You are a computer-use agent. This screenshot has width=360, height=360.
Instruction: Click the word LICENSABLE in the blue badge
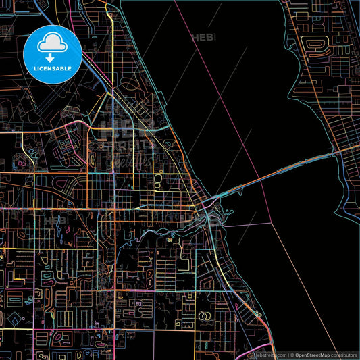click(x=51, y=68)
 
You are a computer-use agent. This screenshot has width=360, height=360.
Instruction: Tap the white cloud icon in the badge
click(x=51, y=44)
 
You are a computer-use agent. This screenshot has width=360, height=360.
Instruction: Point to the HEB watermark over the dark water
click(x=204, y=38)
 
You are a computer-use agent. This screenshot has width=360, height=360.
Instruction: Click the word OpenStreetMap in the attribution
click(x=311, y=354)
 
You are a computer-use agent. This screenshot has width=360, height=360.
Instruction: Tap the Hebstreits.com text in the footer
click(x=268, y=354)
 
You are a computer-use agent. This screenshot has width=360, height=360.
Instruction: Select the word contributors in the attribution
click(x=344, y=354)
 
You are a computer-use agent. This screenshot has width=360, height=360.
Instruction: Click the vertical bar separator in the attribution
click(x=288, y=354)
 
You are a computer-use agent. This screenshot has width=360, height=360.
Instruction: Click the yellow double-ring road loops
click(x=205, y=315)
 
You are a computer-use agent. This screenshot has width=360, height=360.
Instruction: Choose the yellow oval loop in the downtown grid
click(x=159, y=179)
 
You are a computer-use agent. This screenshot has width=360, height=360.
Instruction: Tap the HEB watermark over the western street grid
click(x=56, y=220)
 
